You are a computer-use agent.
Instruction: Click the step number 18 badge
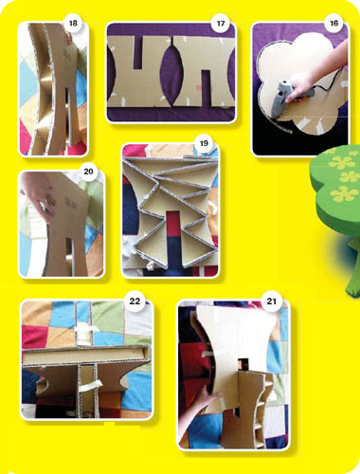coord(73,23)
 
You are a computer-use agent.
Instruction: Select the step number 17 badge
coord(221,23)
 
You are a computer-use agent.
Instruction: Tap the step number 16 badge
coord(333,23)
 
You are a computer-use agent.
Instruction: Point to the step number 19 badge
coord(204,143)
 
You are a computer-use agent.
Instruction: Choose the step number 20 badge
coord(88,172)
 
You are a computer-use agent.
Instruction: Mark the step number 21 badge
coord(272,301)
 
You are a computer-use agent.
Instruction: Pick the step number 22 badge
coord(135,301)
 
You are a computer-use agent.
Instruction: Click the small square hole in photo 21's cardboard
coord(243,364)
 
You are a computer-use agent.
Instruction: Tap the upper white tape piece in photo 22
coord(86,330)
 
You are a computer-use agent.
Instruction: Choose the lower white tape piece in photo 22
coord(90,386)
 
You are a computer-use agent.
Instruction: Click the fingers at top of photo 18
coord(68,35)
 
